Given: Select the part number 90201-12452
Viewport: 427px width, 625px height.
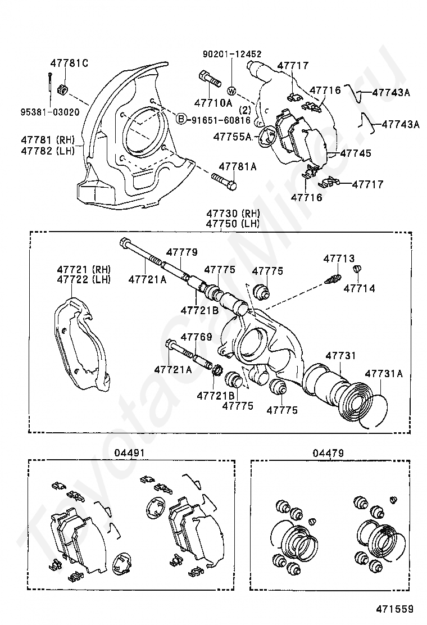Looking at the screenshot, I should coord(232,55).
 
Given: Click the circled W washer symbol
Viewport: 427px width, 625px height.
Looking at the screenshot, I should coord(231,90).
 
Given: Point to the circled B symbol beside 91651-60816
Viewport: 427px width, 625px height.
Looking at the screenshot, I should coord(181,119).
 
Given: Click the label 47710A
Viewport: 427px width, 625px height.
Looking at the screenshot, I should coord(213,103).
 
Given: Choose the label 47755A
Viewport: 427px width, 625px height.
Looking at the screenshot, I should coord(232,135).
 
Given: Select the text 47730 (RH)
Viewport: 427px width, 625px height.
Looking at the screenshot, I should coord(232,214).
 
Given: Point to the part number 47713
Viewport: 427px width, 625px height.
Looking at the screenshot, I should coord(339,259).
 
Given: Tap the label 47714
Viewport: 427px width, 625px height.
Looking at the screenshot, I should coord(359,288).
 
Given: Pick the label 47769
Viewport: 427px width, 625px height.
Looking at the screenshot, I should coord(196,337).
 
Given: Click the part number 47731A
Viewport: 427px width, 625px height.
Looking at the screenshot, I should coord(384,373).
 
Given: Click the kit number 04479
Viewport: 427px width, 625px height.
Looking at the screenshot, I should coord(329,452).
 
